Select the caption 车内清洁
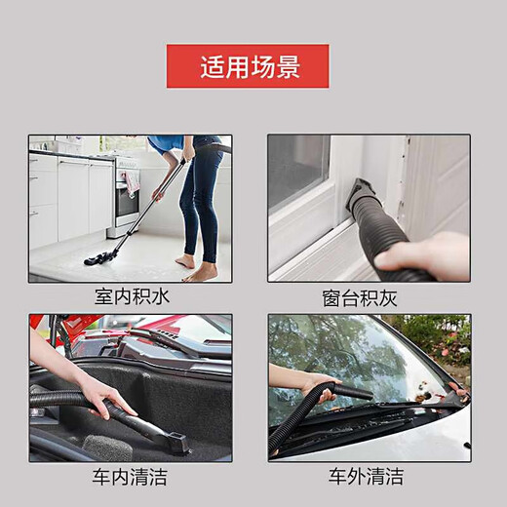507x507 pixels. click(130, 477)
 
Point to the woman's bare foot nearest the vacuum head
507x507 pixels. click(185, 261)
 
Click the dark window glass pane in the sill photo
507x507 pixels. click(297, 171)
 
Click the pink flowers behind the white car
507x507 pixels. click(454, 350)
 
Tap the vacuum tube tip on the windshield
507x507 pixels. click(366, 394)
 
